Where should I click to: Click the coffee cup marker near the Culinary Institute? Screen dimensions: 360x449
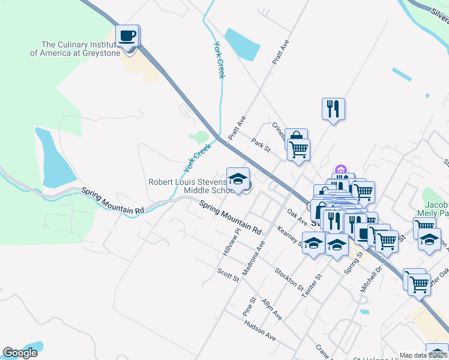click(x=127, y=36)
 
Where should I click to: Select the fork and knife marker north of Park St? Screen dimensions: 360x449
click(x=333, y=109)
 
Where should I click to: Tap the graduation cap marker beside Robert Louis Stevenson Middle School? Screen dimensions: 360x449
click(x=238, y=179)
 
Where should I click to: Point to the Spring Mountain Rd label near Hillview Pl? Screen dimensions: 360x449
click(x=232, y=218)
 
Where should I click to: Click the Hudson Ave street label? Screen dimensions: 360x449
click(x=260, y=331)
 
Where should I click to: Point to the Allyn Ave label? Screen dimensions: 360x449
click(x=272, y=309)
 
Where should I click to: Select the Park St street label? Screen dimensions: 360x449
click(x=262, y=145)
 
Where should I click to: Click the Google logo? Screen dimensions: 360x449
click(x=20, y=353)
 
